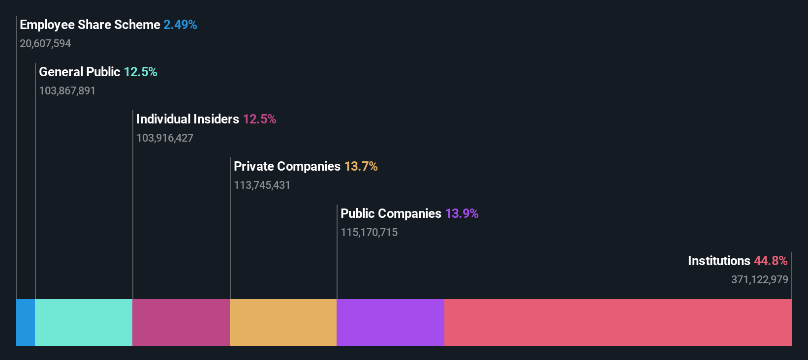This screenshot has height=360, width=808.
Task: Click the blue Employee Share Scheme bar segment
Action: (x=26, y=323)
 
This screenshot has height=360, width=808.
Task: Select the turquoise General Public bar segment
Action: (x=84, y=323)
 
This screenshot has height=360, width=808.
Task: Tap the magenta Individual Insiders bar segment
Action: (x=181, y=323)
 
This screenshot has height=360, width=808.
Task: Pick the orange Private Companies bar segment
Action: (x=283, y=323)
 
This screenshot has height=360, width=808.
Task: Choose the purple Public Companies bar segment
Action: (x=391, y=323)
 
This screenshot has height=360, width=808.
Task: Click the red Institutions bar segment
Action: (x=618, y=323)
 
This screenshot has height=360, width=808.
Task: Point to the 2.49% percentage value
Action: (x=180, y=25)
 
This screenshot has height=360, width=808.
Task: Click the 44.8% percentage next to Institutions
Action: (x=771, y=261)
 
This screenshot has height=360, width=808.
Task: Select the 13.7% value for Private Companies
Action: (x=361, y=166)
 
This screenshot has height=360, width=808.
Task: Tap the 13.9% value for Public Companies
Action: (x=462, y=213)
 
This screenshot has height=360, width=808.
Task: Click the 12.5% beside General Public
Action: (x=140, y=72)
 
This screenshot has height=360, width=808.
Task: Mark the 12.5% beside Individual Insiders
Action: (x=259, y=119)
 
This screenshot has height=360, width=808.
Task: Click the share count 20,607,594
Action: (x=45, y=44)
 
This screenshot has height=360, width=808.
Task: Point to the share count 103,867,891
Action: (x=67, y=91)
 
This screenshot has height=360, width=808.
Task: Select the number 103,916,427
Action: (x=165, y=138)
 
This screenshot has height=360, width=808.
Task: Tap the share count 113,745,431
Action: (x=262, y=185)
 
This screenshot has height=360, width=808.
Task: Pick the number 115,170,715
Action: (x=369, y=233)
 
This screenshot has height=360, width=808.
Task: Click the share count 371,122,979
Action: (x=759, y=280)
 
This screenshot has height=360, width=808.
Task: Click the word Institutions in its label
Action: (x=719, y=261)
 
